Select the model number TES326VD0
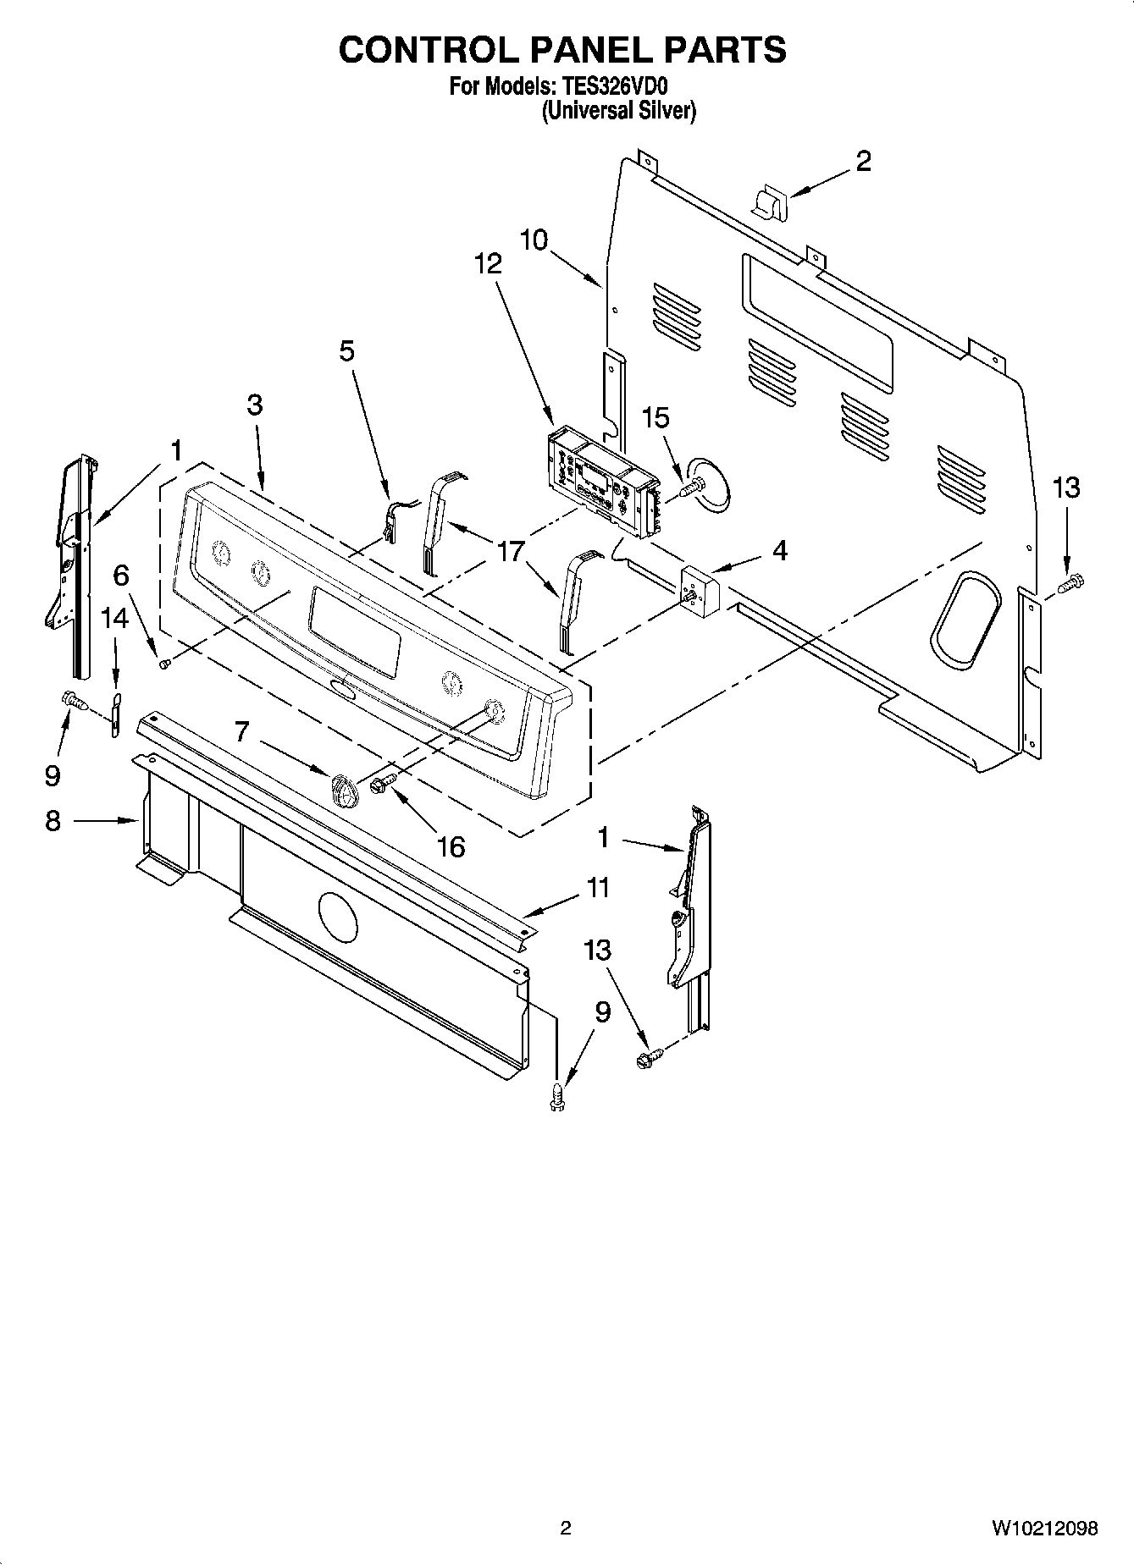click(621, 86)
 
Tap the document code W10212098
click(1045, 1528)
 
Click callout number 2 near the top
click(863, 161)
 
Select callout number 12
click(488, 263)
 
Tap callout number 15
click(656, 418)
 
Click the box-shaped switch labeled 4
click(700, 589)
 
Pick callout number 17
click(511, 552)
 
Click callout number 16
click(451, 846)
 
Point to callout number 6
click(121, 576)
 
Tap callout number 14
click(114, 618)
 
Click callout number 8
click(53, 820)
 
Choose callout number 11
click(598, 888)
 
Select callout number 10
click(534, 240)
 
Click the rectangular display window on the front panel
click(355, 631)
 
